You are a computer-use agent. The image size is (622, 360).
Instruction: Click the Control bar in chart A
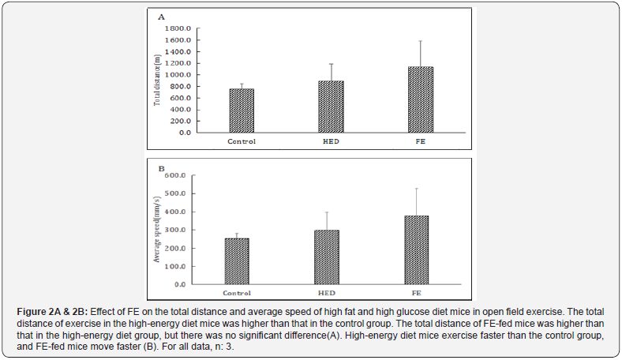click(x=242, y=111)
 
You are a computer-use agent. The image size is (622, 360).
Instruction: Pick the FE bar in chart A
click(x=420, y=99)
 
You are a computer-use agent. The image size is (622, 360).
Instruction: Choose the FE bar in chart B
click(x=416, y=249)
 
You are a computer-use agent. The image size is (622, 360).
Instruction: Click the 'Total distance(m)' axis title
click(x=158, y=79)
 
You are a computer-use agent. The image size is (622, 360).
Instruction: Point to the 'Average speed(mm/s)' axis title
click(x=158, y=229)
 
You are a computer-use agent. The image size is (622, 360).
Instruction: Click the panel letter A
click(x=161, y=17)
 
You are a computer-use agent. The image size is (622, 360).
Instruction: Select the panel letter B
click(x=161, y=168)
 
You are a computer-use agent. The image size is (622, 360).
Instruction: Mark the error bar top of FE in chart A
click(x=420, y=41)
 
